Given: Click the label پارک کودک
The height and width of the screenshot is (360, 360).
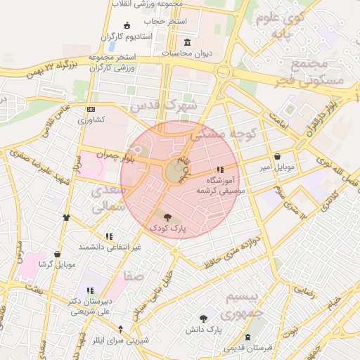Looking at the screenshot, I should click(x=167, y=229).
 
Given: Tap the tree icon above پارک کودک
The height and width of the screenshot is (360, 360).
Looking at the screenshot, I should click(x=167, y=217).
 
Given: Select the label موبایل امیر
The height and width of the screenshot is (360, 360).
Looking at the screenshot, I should click(x=277, y=167).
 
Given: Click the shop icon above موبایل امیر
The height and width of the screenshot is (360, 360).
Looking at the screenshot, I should click(x=277, y=157).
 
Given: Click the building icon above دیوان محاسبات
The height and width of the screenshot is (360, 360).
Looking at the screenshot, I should click(x=187, y=42).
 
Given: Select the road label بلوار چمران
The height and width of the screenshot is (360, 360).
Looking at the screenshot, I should click(x=115, y=153).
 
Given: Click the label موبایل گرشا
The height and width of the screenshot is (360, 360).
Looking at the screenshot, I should click(x=57, y=265).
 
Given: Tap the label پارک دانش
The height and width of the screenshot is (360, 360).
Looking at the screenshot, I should click(x=204, y=329).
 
